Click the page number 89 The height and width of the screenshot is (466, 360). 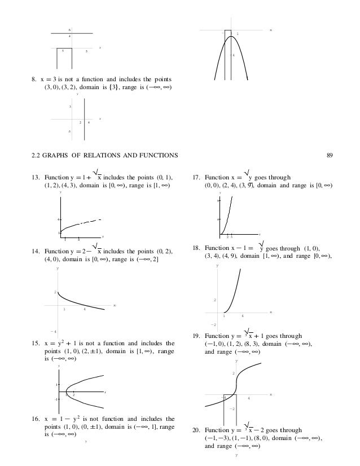[x=330, y=155]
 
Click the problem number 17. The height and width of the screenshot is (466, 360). [x=196, y=177]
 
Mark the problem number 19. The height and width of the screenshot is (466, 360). [x=196, y=335]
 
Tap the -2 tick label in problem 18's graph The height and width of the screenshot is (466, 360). [x=214, y=325]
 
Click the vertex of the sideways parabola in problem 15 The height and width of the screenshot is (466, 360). [x=67, y=390]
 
